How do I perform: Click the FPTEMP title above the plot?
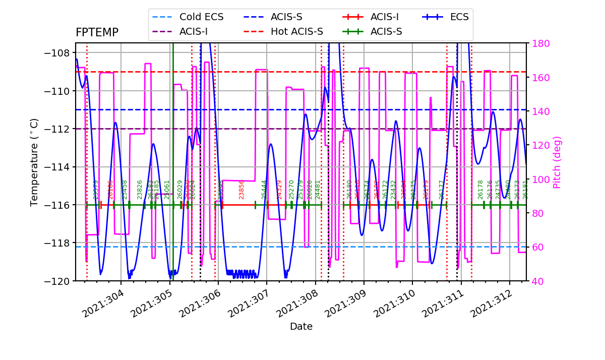pyautogui.click(x=97, y=33)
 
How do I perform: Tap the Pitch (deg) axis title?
pyautogui.click(x=557, y=162)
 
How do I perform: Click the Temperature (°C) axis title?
pyautogui.click(x=34, y=162)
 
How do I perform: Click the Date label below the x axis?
pyautogui.click(x=301, y=327)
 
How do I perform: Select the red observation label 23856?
pyautogui.click(x=241, y=189)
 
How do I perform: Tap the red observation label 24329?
pyautogui.click(x=279, y=189)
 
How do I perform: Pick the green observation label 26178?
pyautogui.click(x=480, y=189)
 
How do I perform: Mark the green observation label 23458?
pyautogui.click(x=125, y=189)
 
